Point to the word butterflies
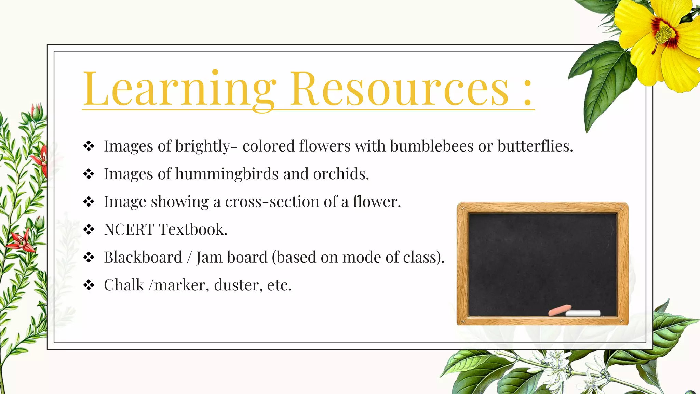535,146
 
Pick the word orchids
341,174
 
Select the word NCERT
129,229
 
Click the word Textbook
193,229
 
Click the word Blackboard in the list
143,257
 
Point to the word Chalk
124,285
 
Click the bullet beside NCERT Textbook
89,229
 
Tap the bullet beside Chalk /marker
89,285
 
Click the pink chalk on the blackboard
560,310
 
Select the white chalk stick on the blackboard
583,313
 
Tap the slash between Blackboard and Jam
189,258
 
